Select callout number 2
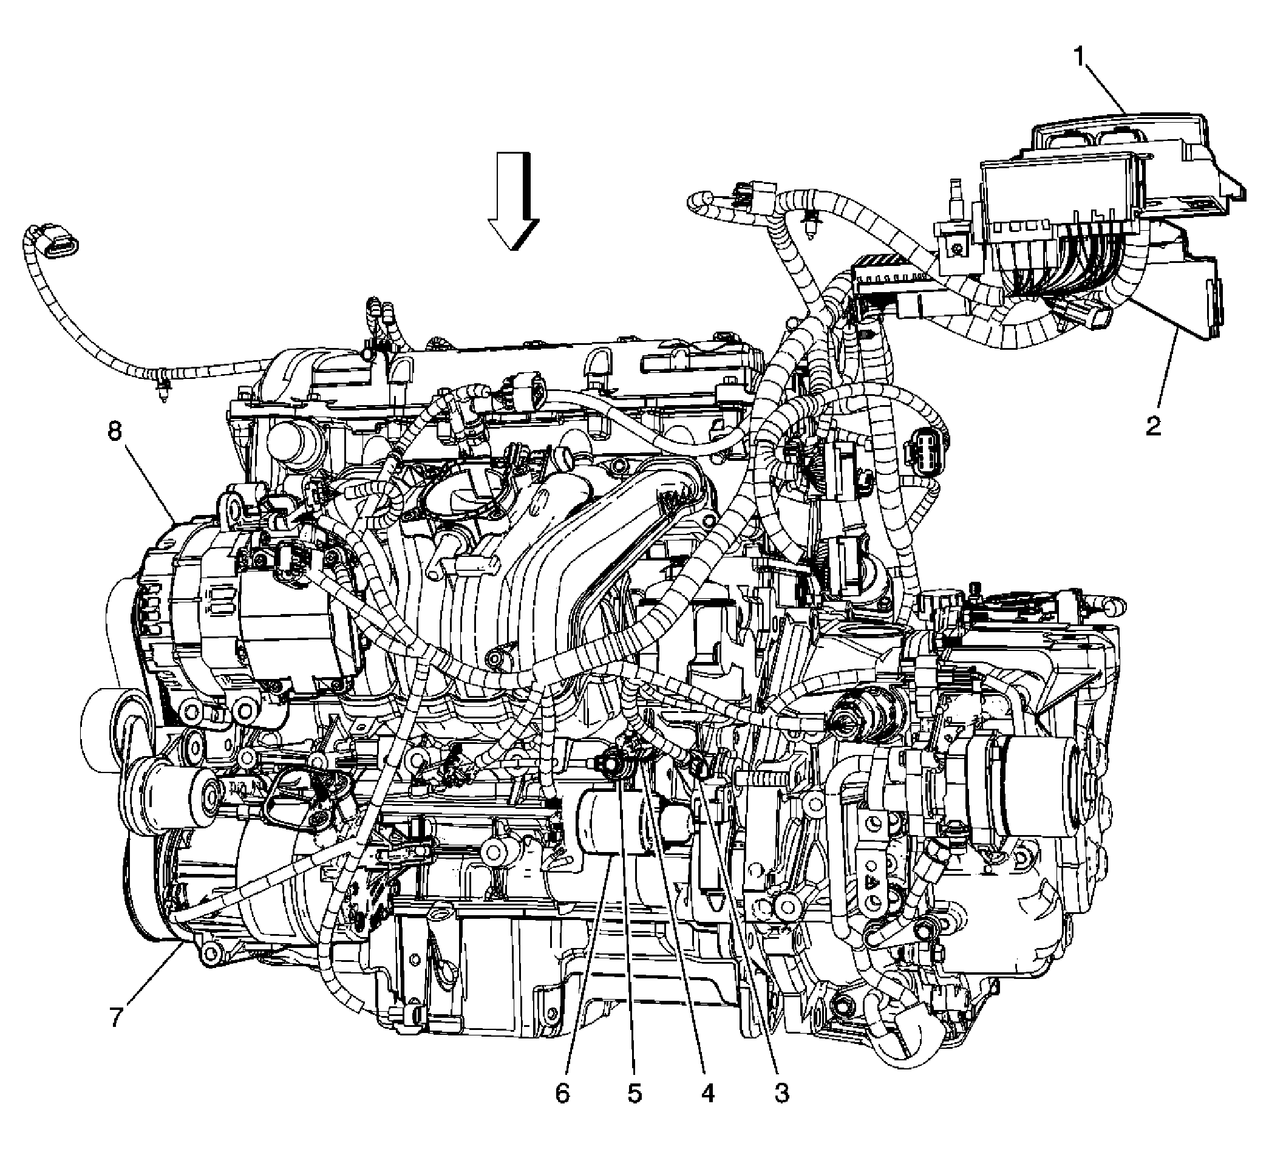coord(1153,427)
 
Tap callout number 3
coord(781,1094)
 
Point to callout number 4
coord(708,1094)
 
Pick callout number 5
coord(634,1094)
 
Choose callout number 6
coord(562,1094)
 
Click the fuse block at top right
coord(1070,208)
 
